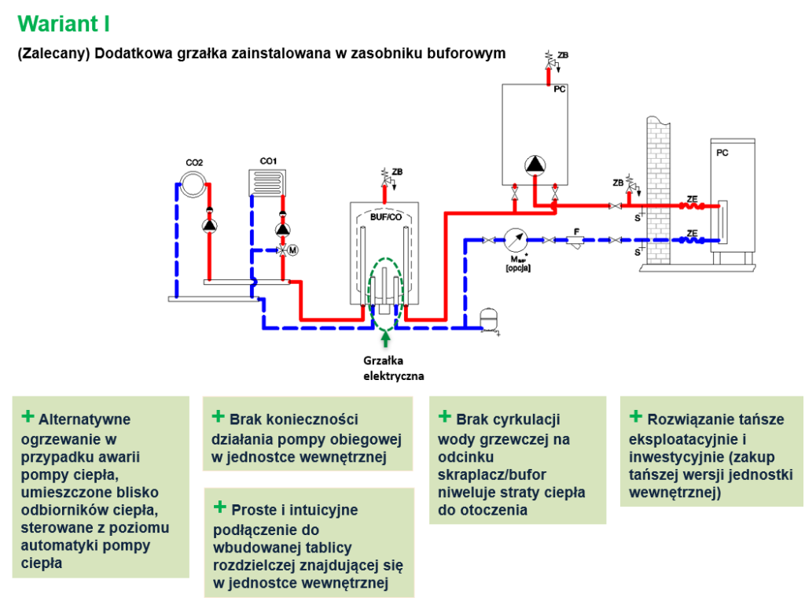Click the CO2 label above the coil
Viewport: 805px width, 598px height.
coord(194,163)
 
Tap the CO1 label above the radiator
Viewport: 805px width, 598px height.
coord(268,161)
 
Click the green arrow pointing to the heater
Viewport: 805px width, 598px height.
coord(385,339)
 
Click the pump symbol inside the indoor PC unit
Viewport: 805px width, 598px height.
coord(535,165)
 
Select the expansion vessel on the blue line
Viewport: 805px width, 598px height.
coord(491,319)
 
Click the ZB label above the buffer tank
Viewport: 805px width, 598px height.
coord(397,172)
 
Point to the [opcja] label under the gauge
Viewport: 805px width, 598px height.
coord(519,268)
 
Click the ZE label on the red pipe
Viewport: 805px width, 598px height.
coord(693,198)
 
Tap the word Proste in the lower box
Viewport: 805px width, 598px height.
coord(253,510)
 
